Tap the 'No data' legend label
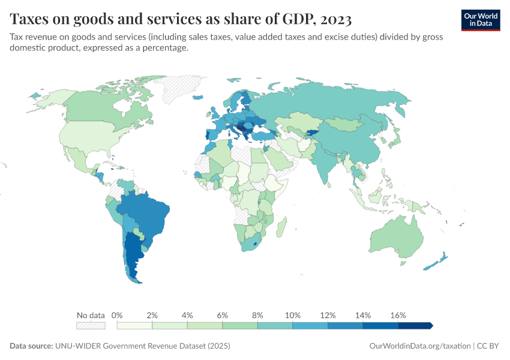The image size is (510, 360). click(x=91, y=315)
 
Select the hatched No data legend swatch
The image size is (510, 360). click(x=91, y=325)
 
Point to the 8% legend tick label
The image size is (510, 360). click(x=257, y=315)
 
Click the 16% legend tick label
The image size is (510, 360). click(x=398, y=315)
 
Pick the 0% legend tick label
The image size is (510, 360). click(x=118, y=315)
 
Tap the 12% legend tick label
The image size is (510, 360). click(x=328, y=315)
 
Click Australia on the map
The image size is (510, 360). click(x=398, y=235)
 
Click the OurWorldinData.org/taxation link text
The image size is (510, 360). click(x=419, y=346)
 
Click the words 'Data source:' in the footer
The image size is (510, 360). click(x=31, y=346)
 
